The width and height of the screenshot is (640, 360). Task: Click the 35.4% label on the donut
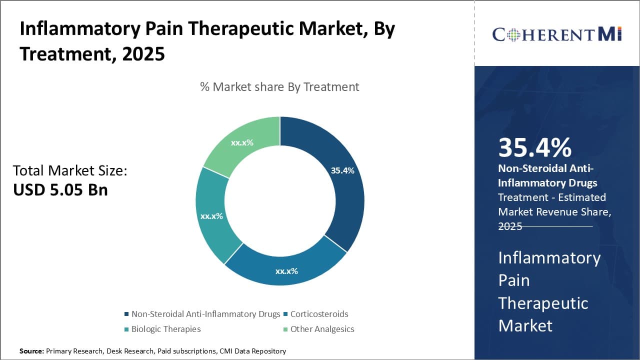342,170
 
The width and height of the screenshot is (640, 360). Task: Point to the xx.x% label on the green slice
242,142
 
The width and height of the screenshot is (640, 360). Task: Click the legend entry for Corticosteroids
319,314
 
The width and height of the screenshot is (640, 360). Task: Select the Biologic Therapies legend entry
165,329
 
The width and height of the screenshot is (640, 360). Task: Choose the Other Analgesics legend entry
322,329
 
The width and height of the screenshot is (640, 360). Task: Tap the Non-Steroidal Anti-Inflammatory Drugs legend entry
205,314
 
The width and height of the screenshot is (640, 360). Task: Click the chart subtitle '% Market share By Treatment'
279,87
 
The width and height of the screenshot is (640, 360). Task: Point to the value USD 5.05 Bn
60,190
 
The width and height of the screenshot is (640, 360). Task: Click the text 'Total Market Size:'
70,171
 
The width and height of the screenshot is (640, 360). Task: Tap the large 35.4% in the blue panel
534,148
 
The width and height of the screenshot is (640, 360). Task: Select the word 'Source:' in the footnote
31,351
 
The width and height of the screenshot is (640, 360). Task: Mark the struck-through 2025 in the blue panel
510,226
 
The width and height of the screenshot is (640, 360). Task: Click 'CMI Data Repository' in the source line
252,351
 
